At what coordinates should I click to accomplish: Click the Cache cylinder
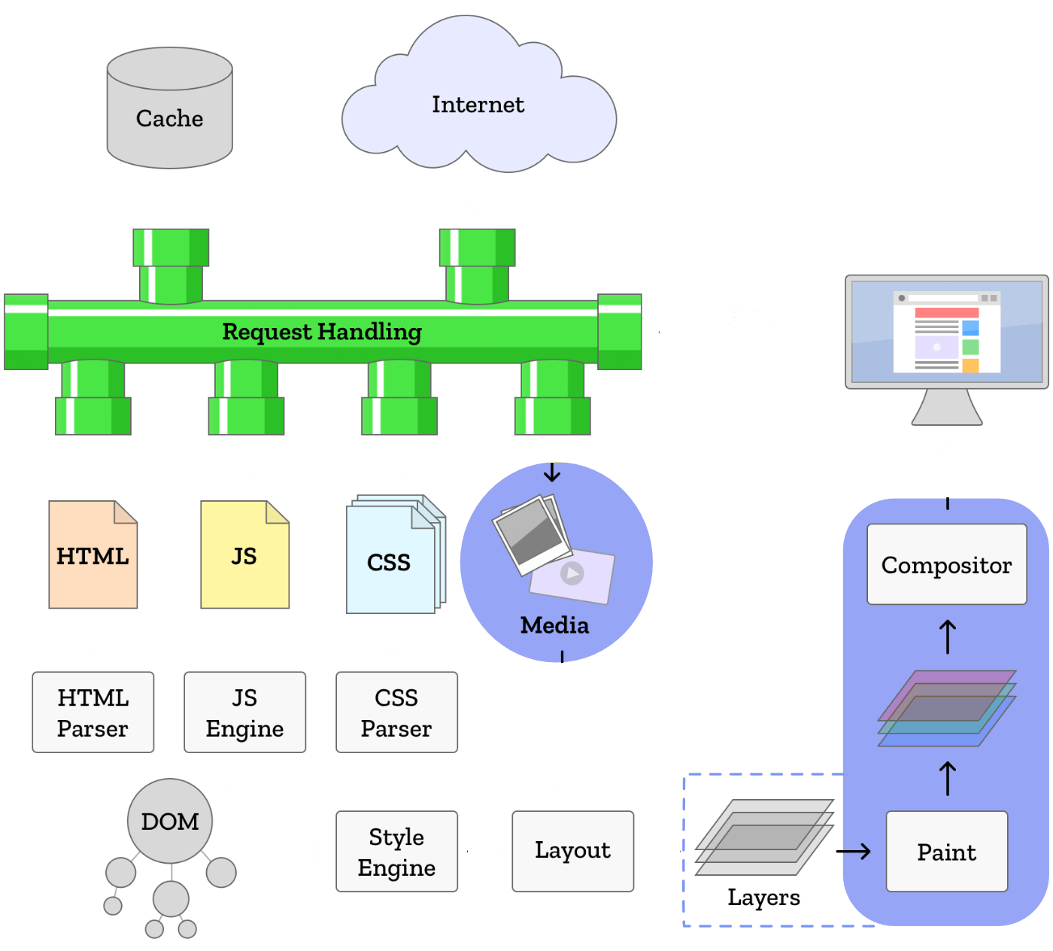tap(169, 109)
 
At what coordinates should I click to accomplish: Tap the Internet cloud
tap(478, 105)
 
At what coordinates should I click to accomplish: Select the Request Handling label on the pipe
tap(322, 332)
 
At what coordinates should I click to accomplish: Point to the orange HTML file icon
tap(93, 555)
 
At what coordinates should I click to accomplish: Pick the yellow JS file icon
tap(244, 555)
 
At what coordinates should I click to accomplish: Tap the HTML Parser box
tap(93, 712)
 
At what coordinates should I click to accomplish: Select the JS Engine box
tap(245, 712)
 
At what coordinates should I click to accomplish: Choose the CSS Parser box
tap(396, 712)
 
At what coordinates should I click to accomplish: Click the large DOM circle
tap(170, 821)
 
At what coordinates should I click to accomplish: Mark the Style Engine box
tap(396, 852)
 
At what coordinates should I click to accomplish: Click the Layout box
tap(572, 851)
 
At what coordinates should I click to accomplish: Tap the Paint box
tap(946, 852)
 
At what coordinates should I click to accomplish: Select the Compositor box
tap(946, 564)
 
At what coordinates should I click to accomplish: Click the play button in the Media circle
tap(572, 574)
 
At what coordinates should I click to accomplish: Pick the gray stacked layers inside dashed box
tap(763, 837)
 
